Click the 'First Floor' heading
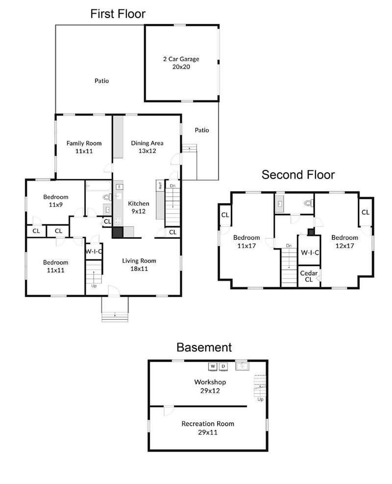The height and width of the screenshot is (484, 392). tap(118, 14)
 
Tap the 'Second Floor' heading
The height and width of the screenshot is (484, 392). tap(298, 175)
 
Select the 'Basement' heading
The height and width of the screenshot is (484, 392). tap(204, 347)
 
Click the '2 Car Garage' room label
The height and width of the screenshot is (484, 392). tap(181, 59)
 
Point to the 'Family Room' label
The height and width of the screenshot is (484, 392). tap(84, 143)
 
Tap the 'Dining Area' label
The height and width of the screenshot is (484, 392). tap(147, 143)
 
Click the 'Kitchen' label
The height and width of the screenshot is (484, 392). tap(139, 204)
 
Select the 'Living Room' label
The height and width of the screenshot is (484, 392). tap(139, 261)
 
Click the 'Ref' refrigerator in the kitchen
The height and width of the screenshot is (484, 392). tap(160, 185)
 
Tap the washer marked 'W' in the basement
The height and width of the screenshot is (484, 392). tap(213, 366)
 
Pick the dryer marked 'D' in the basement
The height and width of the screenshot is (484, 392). tap(223, 366)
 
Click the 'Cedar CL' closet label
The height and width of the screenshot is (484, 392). tap(309, 277)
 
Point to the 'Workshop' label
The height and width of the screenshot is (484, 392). tap(210, 382)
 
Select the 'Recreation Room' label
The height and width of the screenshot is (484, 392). tap(208, 424)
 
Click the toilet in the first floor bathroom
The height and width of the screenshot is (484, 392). tap(107, 197)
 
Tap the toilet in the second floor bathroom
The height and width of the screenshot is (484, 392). tap(309, 203)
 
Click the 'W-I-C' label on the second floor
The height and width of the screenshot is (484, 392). tap(310, 253)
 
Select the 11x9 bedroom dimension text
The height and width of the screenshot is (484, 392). tap(56, 205)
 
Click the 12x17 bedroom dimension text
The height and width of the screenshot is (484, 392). tap(344, 246)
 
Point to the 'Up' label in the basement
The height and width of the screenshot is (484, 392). tap(260, 399)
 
